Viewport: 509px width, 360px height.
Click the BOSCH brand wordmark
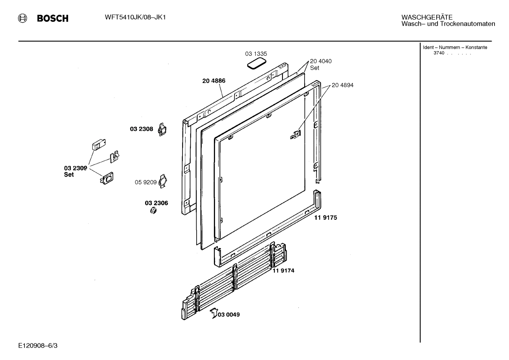[x=53, y=18]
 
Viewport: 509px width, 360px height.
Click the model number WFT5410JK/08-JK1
[x=136, y=17]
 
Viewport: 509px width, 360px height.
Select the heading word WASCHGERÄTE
[x=426, y=17]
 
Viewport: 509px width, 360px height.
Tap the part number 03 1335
[x=256, y=54]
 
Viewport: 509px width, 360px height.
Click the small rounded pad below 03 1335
[x=256, y=64]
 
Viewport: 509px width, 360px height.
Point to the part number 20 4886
[x=214, y=81]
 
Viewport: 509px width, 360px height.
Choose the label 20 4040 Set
[x=321, y=64]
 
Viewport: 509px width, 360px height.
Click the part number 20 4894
[x=342, y=85]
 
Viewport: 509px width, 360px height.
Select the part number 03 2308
[x=142, y=129]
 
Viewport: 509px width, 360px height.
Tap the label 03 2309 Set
[x=75, y=171]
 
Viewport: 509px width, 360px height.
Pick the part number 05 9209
[x=145, y=182]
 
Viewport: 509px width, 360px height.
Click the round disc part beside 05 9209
[x=163, y=181]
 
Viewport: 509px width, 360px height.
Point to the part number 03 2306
[x=156, y=203]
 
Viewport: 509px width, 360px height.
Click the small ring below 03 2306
[x=154, y=211]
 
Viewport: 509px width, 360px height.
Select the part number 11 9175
[x=325, y=218]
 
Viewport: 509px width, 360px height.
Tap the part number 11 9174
[x=283, y=271]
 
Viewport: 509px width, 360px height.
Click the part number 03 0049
[x=229, y=314]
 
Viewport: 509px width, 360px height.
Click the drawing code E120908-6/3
[x=38, y=346]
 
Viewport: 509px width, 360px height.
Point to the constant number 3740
[x=439, y=53]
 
